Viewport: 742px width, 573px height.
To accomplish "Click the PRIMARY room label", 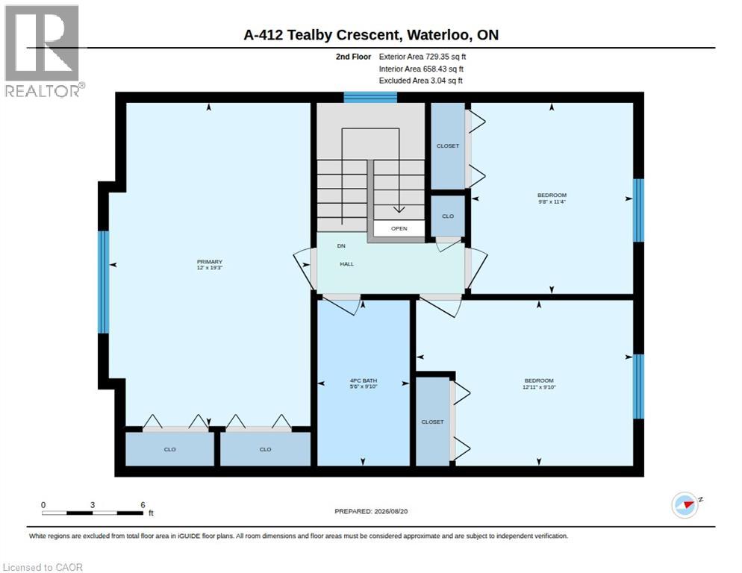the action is [x=210, y=262].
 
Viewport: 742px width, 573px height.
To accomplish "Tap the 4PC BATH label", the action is [x=364, y=381].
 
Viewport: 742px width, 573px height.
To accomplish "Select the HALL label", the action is [x=347, y=264].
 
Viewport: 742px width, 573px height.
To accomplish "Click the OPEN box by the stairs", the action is [x=399, y=228].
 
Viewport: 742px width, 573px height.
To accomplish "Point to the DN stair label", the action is [x=341, y=246].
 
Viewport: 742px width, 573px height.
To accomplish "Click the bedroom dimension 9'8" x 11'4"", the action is [x=552, y=201].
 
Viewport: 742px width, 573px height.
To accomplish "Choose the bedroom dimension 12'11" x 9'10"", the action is [x=539, y=387].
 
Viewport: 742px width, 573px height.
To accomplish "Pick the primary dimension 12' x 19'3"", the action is [x=210, y=268].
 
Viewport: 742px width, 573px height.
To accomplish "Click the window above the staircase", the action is [x=370, y=97].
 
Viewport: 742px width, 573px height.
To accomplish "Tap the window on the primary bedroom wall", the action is [x=103, y=282].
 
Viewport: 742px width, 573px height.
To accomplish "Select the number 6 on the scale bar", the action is [x=143, y=505].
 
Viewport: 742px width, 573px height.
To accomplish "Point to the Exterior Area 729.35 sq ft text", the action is [x=423, y=57].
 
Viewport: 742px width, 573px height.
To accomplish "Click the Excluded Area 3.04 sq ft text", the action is [x=421, y=81].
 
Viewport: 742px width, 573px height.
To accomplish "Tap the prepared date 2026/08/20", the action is [x=391, y=512].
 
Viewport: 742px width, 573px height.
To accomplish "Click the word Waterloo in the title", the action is [x=439, y=35].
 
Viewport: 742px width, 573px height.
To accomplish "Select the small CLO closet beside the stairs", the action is [x=448, y=216].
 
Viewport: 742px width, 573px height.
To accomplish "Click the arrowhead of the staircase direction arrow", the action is [x=399, y=209].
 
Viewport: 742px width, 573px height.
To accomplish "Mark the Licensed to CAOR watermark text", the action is [x=43, y=567].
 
